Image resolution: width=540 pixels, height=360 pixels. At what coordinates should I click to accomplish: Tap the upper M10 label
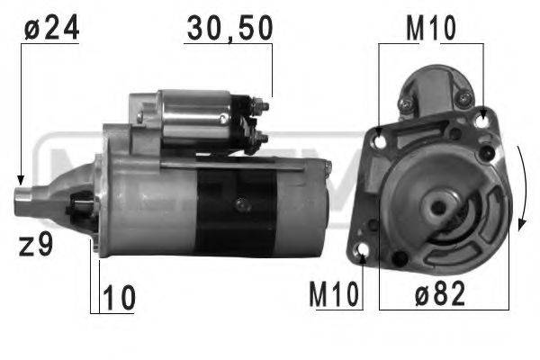click(429, 29)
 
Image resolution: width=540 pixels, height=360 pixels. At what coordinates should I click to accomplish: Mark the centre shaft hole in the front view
click(440, 205)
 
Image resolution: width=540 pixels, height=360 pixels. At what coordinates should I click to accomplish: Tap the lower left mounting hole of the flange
click(364, 249)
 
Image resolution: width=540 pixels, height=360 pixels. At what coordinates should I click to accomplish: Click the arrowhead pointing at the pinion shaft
click(20, 179)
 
